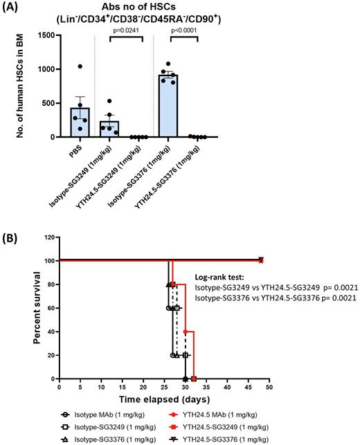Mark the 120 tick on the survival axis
pyautogui.click(x=50, y=237)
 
